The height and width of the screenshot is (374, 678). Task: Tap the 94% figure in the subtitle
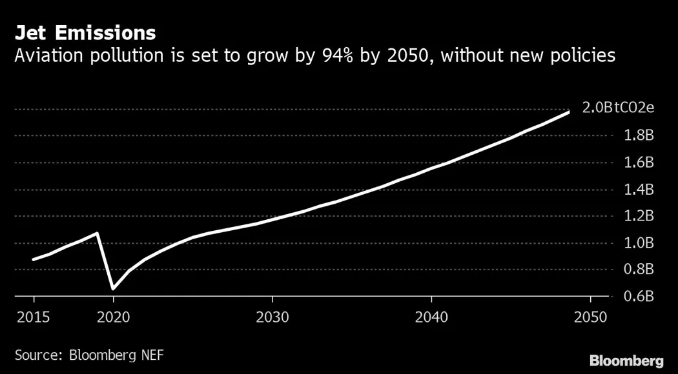click(331, 57)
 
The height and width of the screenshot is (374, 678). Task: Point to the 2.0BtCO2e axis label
click(618, 108)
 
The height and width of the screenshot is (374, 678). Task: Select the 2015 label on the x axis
click(34, 317)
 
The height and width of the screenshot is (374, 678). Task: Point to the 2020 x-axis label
click(113, 317)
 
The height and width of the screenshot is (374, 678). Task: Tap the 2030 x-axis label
click(272, 317)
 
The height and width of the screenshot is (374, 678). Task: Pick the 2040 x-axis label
click(431, 317)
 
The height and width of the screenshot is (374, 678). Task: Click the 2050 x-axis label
click(590, 317)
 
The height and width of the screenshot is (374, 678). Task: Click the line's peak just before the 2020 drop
click(97, 233)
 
